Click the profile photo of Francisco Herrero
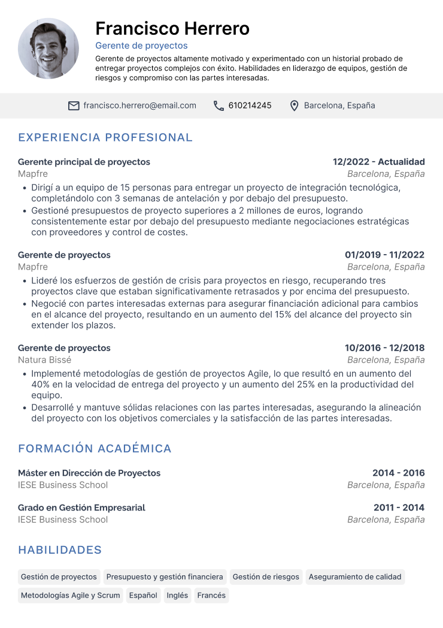[48, 49]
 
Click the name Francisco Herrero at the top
[172, 28]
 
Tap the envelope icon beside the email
[74, 105]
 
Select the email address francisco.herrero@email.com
[139, 105]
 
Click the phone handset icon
[219, 105]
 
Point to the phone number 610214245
[250, 105]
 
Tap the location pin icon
[294, 105]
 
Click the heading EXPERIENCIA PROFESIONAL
[105, 137]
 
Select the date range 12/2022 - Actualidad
[378, 162]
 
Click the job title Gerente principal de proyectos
[84, 162]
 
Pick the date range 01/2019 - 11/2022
[384, 255]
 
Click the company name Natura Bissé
[44, 360]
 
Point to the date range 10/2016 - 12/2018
[384, 348]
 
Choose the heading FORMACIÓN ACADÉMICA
[95, 448]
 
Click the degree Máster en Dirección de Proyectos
[89, 473]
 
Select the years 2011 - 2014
[399, 508]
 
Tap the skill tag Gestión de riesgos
[266, 577]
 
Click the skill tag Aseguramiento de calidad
[355, 577]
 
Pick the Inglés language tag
[177, 595]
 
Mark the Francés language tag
[211, 595]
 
